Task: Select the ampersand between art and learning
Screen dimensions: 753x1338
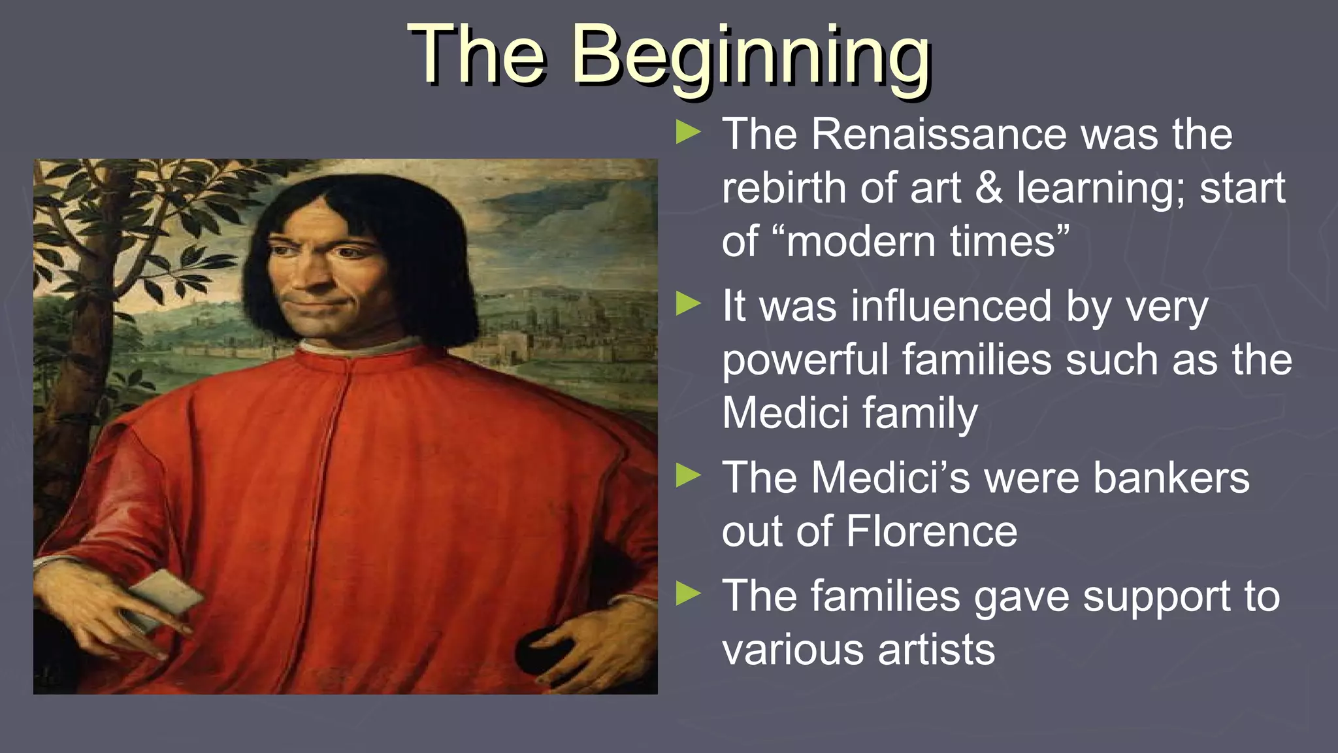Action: [989, 188]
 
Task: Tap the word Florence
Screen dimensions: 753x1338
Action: [932, 531]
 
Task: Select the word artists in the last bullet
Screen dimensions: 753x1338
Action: [936, 650]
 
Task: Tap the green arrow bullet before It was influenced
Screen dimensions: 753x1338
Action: [688, 304]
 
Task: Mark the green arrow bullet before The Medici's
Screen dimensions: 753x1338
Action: [688, 476]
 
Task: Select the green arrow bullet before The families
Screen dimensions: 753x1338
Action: [688, 595]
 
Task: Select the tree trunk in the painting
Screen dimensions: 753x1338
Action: [85, 327]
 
